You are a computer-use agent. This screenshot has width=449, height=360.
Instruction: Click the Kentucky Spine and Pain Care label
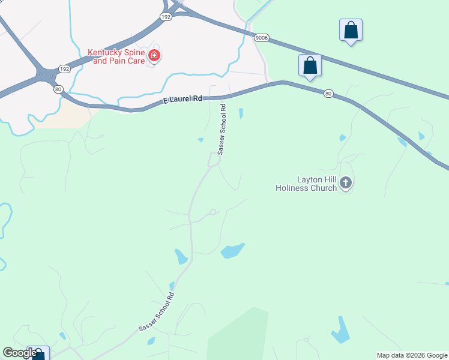[117, 56]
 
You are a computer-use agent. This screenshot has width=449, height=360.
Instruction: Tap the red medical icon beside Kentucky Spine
[154, 56]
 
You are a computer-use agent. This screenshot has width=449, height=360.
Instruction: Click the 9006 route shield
[261, 37]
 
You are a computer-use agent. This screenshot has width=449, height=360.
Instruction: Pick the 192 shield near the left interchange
[64, 69]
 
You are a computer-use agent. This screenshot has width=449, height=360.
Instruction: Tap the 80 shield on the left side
[58, 89]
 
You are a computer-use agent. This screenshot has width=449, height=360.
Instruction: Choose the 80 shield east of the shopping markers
[328, 93]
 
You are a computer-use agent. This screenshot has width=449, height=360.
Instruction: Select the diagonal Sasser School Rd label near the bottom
[157, 312]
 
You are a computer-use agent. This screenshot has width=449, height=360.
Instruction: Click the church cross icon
[345, 182]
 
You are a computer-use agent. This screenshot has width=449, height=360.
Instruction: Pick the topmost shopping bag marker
[351, 30]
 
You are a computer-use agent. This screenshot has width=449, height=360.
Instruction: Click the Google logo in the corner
[20, 353]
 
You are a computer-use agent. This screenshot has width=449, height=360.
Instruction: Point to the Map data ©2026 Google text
[412, 355]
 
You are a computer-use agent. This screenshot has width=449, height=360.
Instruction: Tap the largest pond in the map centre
[233, 250]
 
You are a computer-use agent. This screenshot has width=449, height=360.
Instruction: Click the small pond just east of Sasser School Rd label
[241, 113]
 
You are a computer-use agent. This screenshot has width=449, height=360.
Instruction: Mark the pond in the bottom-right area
[340, 329]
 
